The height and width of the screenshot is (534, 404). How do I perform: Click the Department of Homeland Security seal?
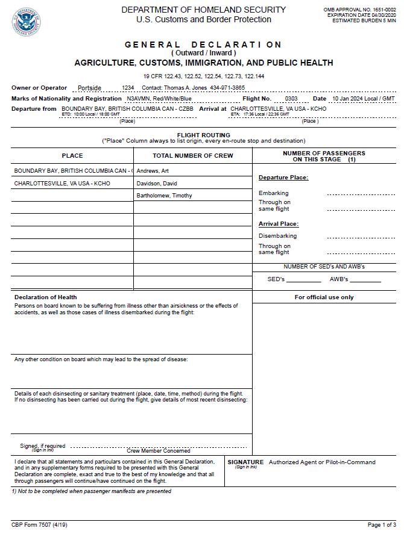26,22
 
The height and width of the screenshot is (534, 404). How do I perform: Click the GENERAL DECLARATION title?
203,45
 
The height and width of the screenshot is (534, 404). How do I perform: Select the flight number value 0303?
291,98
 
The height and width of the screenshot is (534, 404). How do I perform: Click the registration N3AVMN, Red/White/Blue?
159,98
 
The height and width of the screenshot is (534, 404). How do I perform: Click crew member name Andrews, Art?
153,171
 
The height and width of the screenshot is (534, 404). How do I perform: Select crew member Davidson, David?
157,183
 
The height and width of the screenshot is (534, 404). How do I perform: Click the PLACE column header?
72,156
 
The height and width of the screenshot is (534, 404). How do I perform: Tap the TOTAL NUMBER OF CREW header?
192,156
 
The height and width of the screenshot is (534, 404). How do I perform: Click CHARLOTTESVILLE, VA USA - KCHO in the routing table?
62,183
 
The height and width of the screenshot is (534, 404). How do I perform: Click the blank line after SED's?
303,280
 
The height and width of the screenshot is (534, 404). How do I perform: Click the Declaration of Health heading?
46,297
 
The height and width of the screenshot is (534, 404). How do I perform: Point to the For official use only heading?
324,297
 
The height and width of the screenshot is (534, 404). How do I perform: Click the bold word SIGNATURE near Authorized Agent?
245,462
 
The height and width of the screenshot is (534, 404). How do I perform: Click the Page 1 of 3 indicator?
382,525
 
